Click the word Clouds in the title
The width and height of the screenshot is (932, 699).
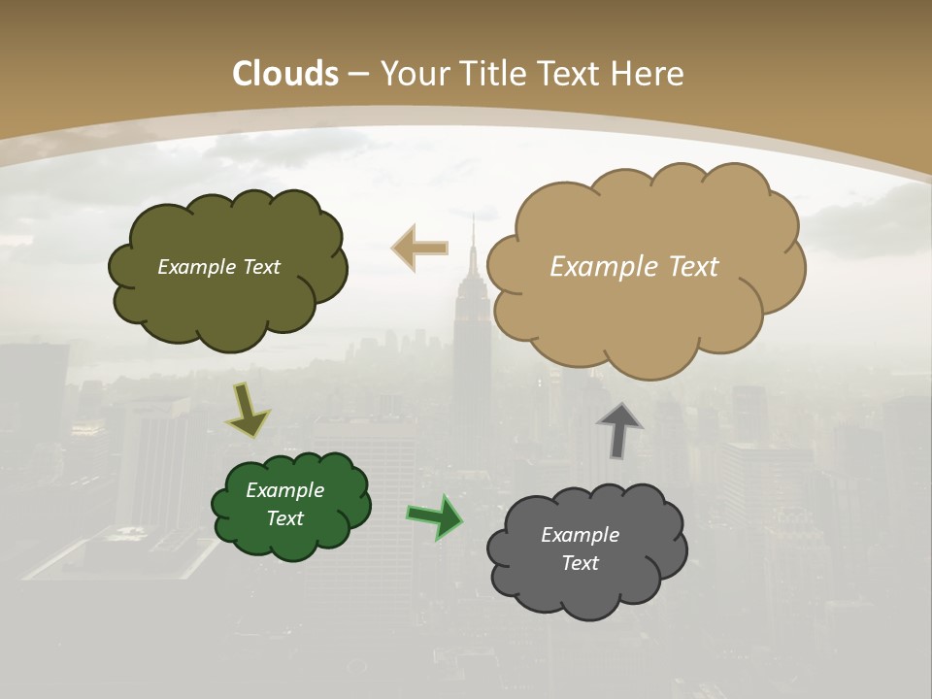pyautogui.click(x=285, y=74)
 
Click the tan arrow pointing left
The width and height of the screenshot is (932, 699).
pyautogui.click(x=420, y=249)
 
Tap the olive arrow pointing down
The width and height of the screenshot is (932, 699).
pyautogui.click(x=247, y=412)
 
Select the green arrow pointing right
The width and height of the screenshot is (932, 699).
pyautogui.click(x=435, y=516)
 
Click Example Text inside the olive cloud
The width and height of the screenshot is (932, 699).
pyautogui.click(x=218, y=267)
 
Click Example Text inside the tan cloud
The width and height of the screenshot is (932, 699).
pyautogui.click(x=634, y=267)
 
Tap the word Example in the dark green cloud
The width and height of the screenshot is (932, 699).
pyautogui.click(x=284, y=490)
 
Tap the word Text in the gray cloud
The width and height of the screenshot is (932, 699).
pyautogui.click(x=580, y=563)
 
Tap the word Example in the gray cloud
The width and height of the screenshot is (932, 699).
pyautogui.click(x=580, y=535)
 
